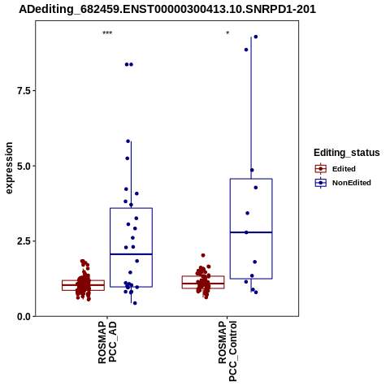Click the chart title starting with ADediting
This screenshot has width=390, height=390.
[x=167, y=10]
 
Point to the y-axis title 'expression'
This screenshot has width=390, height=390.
[x=9, y=168]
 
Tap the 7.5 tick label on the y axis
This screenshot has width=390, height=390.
[x=24, y=91]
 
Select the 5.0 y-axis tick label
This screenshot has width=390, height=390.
[x=24, y=166]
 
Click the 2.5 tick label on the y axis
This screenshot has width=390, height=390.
[x=24, y=241]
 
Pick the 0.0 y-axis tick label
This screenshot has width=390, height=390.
[x=24, y=316]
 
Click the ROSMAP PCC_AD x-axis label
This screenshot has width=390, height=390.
[x=107, y=342]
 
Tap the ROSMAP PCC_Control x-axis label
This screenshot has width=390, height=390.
[x=227, y=351]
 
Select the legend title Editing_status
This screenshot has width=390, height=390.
[x=347, y=153]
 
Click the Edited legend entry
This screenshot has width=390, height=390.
[x=336, y=169]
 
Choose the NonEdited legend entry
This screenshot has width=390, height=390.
[x=343, y=183]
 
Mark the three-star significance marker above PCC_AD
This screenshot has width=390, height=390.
[x=107, y=33]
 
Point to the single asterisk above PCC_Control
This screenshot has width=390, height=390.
[x=227, y=32]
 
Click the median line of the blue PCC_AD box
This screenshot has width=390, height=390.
[x=131, y=254]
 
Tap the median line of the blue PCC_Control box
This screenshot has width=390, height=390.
[x=251, y=232]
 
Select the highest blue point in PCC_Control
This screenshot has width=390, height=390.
[x=255, y=37]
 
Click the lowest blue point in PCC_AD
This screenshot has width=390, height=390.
[x=135, y=303]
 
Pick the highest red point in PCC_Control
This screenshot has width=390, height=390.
[x=203, y=255]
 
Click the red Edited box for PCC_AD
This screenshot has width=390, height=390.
[x=83, y=285]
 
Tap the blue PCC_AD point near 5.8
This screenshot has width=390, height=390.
[x=128, y=141]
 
